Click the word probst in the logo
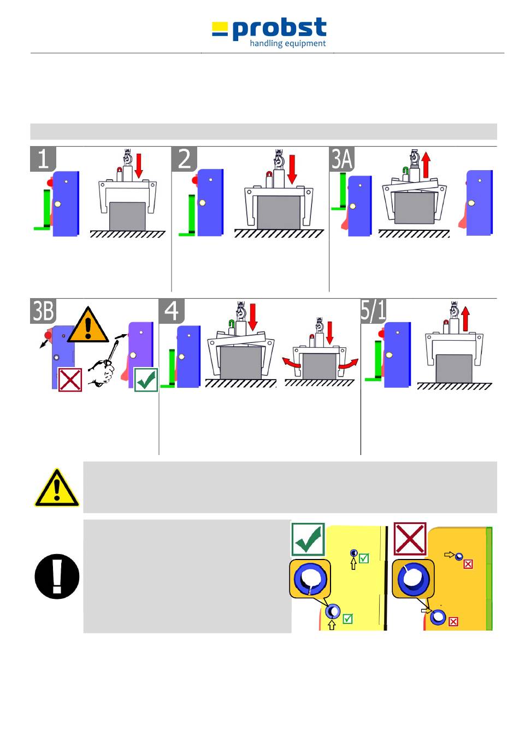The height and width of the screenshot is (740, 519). tap(279, 29)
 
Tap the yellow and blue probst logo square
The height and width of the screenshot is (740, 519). tap(220, 29)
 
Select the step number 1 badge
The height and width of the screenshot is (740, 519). tap(43, 159)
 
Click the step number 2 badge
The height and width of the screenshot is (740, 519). tap(184, 159)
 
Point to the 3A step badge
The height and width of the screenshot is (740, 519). tap(342, 159)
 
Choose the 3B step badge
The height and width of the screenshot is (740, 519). tap(43, 311)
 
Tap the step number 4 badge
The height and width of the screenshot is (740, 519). tap(172, 311)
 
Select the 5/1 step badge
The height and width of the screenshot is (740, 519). tap(374, 311)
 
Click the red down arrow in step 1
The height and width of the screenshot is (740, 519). tap(139, 166)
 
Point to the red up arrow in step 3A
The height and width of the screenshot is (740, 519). tap(426, 165)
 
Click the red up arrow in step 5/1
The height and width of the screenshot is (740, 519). tap(465, 318)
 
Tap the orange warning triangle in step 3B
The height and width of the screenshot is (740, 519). tap(88, 325)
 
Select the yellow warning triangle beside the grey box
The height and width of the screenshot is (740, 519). tap(57, 488)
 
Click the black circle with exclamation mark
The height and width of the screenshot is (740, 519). tap(57, 576)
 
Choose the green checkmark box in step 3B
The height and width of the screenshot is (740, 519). tap(146, 380)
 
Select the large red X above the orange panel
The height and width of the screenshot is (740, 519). tap(410, 539)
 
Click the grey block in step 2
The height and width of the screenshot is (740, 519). tap(279, 212)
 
